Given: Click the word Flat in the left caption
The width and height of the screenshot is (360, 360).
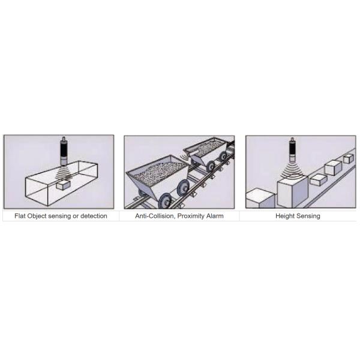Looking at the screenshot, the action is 20,216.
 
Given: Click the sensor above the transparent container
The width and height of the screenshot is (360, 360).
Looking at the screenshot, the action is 64,151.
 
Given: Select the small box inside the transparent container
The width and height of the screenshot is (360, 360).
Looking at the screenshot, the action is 63,185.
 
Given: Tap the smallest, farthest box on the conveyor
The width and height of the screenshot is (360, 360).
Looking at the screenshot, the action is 348,158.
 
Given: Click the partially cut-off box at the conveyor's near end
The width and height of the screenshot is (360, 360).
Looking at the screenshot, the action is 260,198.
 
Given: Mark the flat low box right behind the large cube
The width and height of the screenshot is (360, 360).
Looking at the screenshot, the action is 318,180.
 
